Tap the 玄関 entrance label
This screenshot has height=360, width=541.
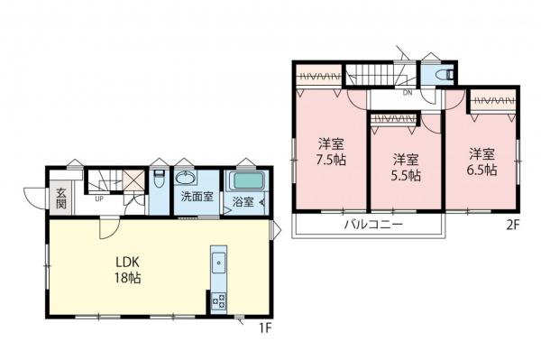60,196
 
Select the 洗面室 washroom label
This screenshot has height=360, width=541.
196,197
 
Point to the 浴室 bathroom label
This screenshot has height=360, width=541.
243,201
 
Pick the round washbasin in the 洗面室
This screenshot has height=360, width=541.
188,177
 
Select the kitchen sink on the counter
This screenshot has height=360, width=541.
219,264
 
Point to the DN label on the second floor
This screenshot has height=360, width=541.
408,92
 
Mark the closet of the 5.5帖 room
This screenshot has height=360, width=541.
394,117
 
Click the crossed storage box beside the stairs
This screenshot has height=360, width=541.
133,181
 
